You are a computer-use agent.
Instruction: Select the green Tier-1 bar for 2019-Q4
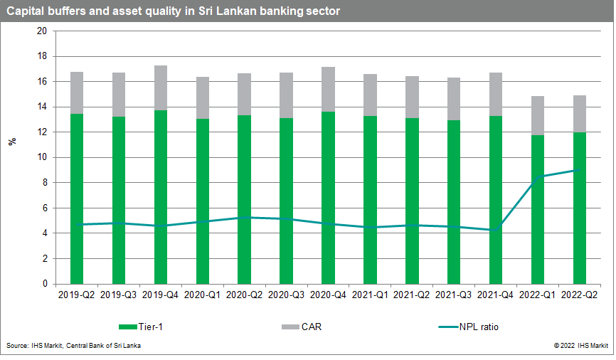[x=161, y=196]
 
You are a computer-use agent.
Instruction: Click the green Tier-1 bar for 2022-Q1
[x=538, y=209]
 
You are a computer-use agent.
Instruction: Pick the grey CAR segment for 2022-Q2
[x=580, y=114]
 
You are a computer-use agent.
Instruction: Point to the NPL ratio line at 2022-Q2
[x=580, y=170]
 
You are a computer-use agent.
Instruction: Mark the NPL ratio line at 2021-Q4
[x=496, y=230]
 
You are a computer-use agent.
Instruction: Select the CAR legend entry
[x=302, y=327]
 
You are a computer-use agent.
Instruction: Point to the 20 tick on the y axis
[x=41, y=31]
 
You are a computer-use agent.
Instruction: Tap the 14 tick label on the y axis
[x=41, y=107]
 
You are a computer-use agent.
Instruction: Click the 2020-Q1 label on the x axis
[x=203, y=293]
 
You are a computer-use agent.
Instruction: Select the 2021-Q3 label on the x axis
[x=455, y=293]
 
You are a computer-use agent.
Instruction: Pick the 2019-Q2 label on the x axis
[x=77, y=293]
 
